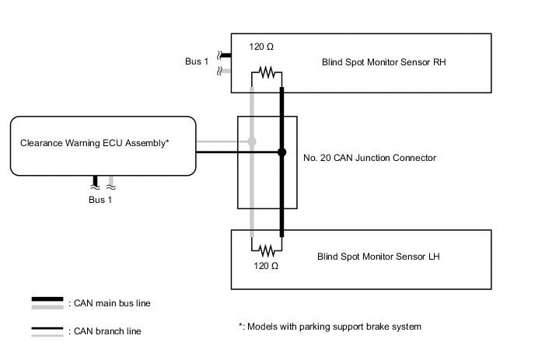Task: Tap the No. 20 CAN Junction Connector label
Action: (369, 158)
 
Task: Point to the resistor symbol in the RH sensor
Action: (267, 73)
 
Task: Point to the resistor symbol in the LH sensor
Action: (267, 250)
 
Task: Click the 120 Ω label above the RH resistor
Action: (261, 47)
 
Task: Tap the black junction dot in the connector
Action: (281, 152)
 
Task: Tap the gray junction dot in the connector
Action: (251, 142)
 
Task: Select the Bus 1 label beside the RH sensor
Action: (196, 61)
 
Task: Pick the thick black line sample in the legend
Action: (47, 300)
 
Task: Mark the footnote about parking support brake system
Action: (330, 327)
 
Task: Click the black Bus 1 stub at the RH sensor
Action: (221, 55)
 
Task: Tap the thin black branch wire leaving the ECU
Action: (233, 152)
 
